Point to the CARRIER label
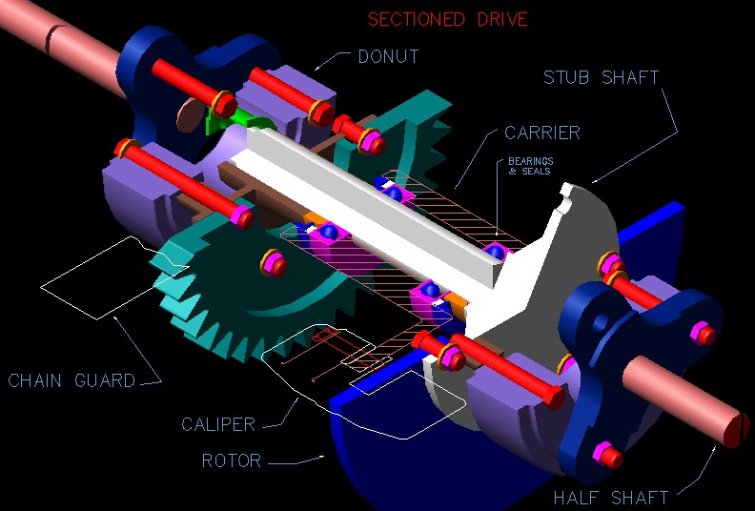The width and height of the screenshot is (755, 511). tap(544, 133)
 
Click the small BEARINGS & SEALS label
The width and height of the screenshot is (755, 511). tap(530, 168)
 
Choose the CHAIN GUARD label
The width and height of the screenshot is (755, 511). tap(71, 381)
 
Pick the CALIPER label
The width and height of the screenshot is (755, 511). tap(218, 424)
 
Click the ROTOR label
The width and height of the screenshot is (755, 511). tap(231, 461)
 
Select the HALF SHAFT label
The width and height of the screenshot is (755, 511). tap(611, 497)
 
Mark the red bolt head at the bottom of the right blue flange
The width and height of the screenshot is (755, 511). tap(603, 454)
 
